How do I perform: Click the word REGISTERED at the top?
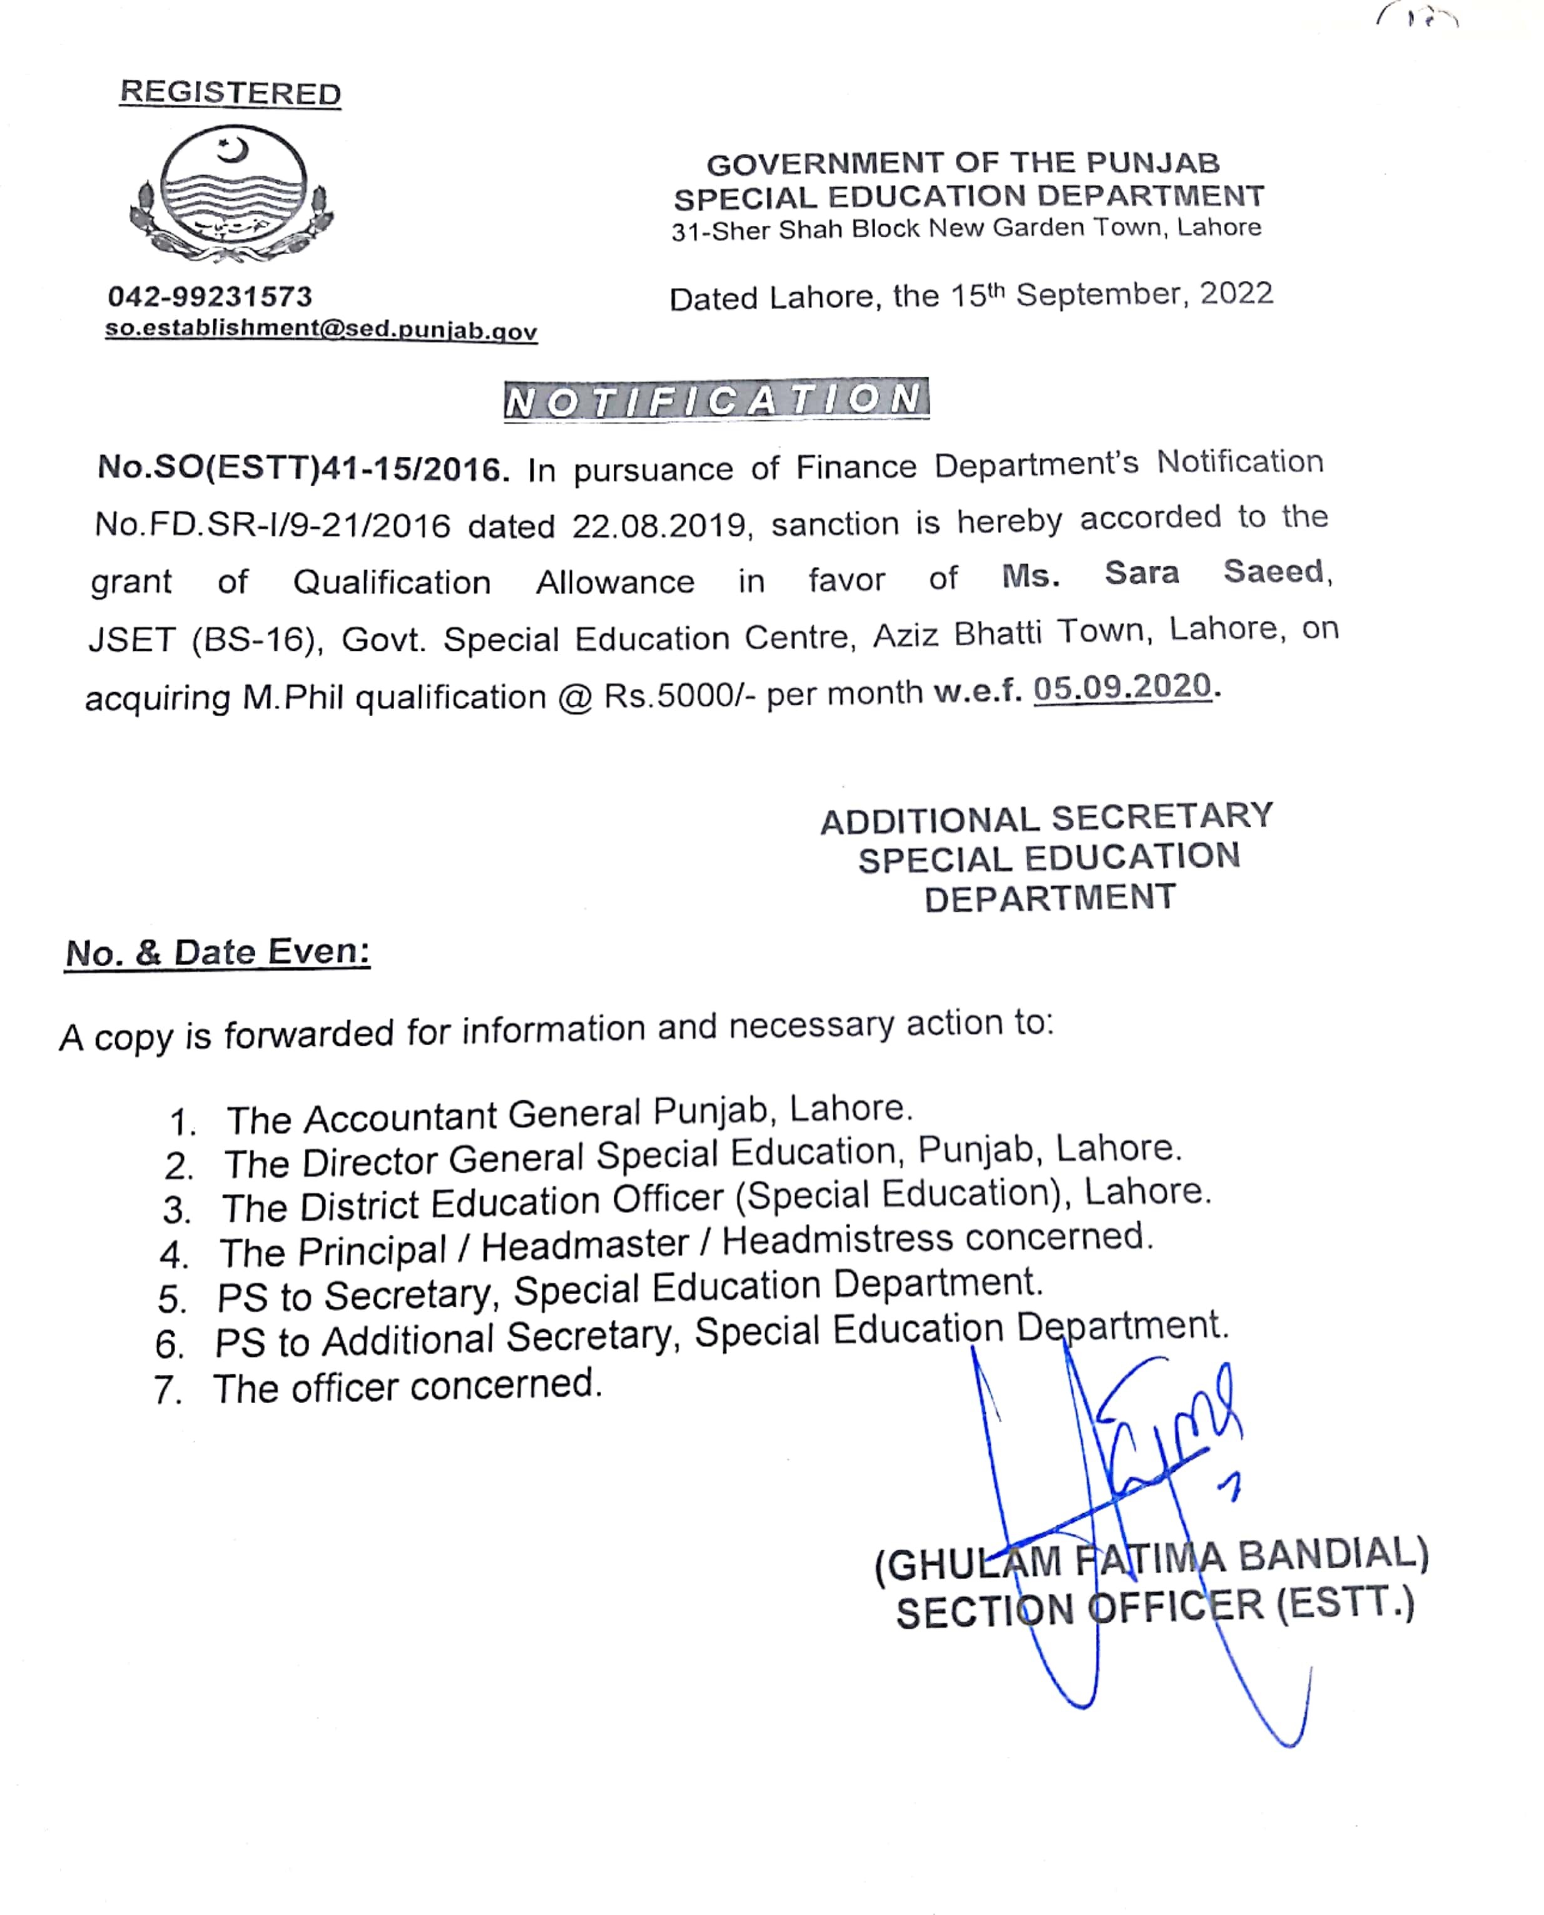tap(230, 93)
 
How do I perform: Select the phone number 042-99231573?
tap(210, 296)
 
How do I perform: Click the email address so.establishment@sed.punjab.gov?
tap(321, 329)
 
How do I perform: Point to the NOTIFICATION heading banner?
tap(716, 401)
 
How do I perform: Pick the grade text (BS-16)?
tap(257, 640)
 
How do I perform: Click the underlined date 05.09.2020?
tap(1122, 687)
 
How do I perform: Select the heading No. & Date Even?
tap(218, 952)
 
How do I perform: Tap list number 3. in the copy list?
tap(177, 1210)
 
